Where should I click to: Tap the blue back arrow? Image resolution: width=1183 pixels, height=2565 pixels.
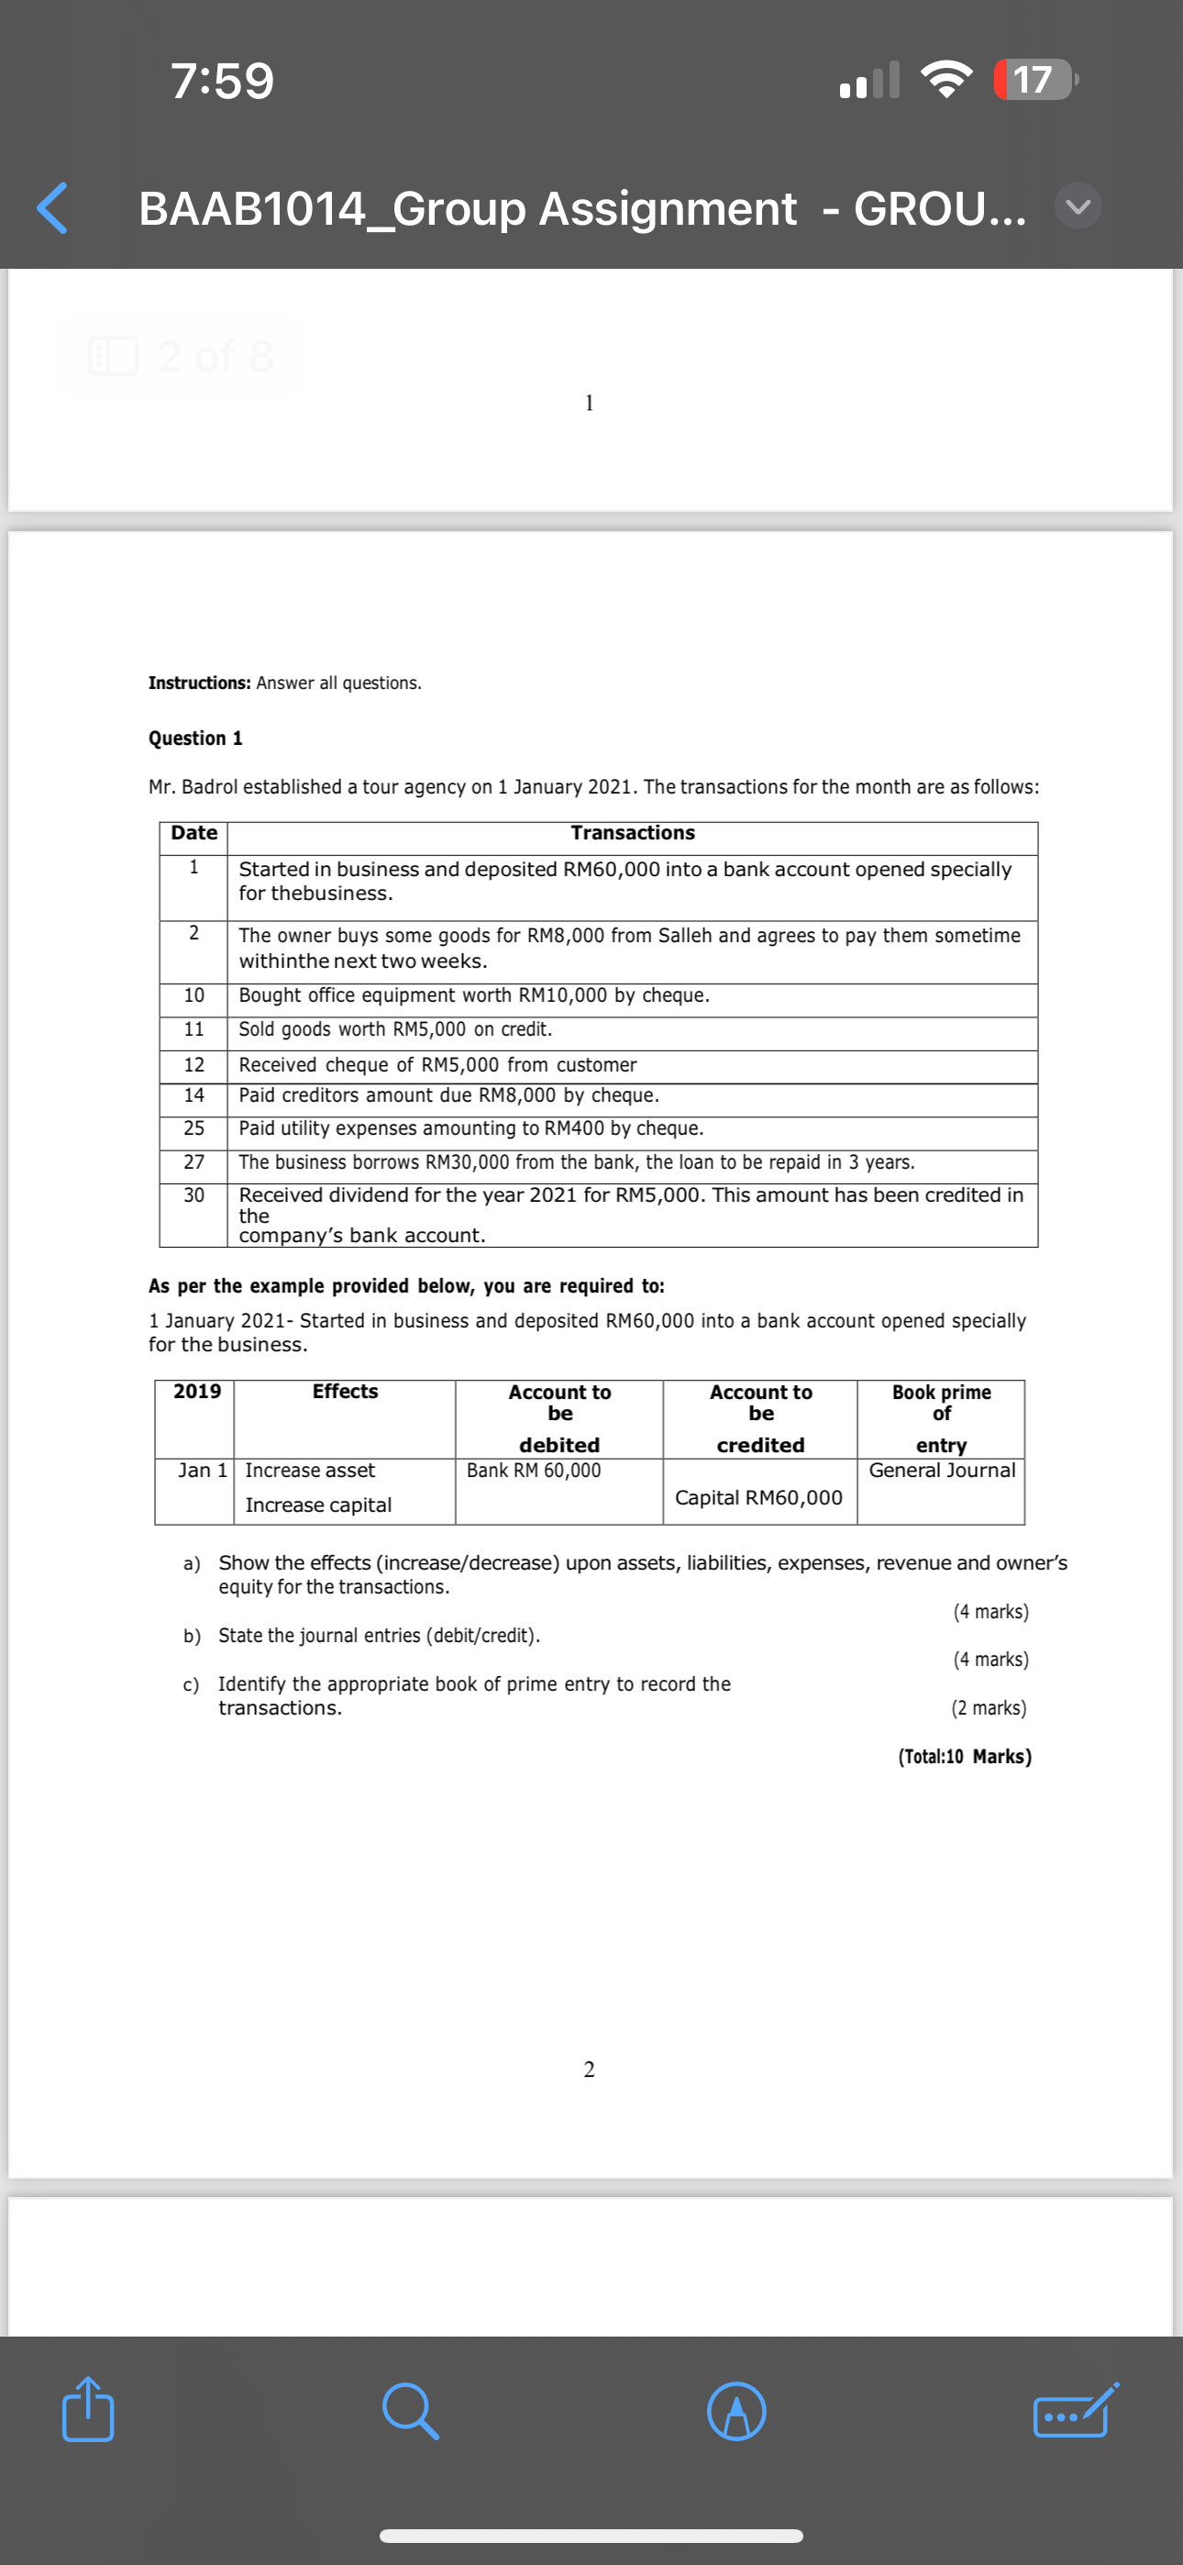pyautogui.click(x=51, y=208)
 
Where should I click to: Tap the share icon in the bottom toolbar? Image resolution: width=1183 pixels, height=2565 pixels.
pyautogui.click(x=88, y=2410)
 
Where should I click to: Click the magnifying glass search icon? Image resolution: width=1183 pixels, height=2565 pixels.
pyautogui.click(x=409, y=2411)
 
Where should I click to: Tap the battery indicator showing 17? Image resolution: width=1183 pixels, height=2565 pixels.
pyautogui.click(x=1034, y=80)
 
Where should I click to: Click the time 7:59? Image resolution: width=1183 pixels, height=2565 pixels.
pyautogui.click(x=222, y=81)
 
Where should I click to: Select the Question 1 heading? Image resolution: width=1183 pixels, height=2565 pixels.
pyautogui.click(x=195, y=738)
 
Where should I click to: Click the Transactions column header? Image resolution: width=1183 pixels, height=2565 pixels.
pyautogui.click(x=633, y=832)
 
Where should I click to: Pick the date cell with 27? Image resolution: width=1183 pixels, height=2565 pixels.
pyautogui.click(x=194, y=1161)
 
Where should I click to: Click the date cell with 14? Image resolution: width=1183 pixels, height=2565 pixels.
pyautogui.click(x=194, y=1094)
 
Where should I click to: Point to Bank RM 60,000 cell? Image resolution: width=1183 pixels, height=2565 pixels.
pyautogui.click(x=534, y=1470)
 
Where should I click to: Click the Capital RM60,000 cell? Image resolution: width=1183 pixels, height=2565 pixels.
pyautogui.click(x=757, y=1496)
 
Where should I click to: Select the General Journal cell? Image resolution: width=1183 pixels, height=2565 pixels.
pyautogui.click(x=941, y=1470)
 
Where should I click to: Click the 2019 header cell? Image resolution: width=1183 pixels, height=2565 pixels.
pyautogui.click(x=197, y=1391)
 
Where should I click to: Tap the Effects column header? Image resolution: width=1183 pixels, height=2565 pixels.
pyautogui.click(x=345, y=1391)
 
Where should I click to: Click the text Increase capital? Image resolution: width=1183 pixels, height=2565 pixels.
pyautogui.click(x=317, y=1505)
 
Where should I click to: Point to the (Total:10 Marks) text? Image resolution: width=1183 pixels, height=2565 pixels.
pyautogui.click(x=964, y=1756)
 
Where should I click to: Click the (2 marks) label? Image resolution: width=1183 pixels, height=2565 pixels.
pyautogui.click(x=988, y=1707)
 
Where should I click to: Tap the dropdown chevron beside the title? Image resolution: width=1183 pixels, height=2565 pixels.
pyautogui.click(x=1078, y=207)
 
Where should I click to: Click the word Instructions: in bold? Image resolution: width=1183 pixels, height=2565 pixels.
pyautogui.click(x=199, y=683)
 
